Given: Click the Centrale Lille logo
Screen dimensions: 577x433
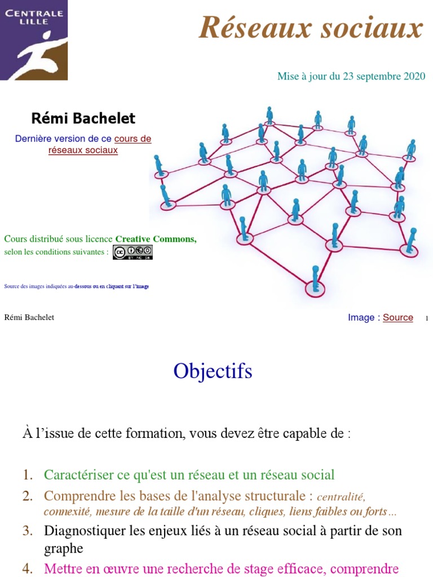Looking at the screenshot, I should [34, 40].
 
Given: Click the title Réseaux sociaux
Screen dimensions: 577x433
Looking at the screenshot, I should [310, 28].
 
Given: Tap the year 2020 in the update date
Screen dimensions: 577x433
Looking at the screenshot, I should [414, 76].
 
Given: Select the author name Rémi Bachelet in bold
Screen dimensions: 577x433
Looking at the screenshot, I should [83, 118].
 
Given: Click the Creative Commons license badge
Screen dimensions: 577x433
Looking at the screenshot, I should [132, 252].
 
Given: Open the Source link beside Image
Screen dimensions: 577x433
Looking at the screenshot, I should [398, 318].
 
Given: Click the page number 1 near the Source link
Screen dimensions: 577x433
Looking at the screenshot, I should [427, 319].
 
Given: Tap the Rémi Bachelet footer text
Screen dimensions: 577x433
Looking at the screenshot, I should [29, 318].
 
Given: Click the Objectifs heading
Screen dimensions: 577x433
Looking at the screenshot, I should [213, 371].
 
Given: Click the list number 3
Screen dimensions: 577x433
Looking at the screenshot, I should [27, 531].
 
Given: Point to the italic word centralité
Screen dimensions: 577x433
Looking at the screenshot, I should [341, 498].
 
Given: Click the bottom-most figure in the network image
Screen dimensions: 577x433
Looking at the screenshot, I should [315, 280].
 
